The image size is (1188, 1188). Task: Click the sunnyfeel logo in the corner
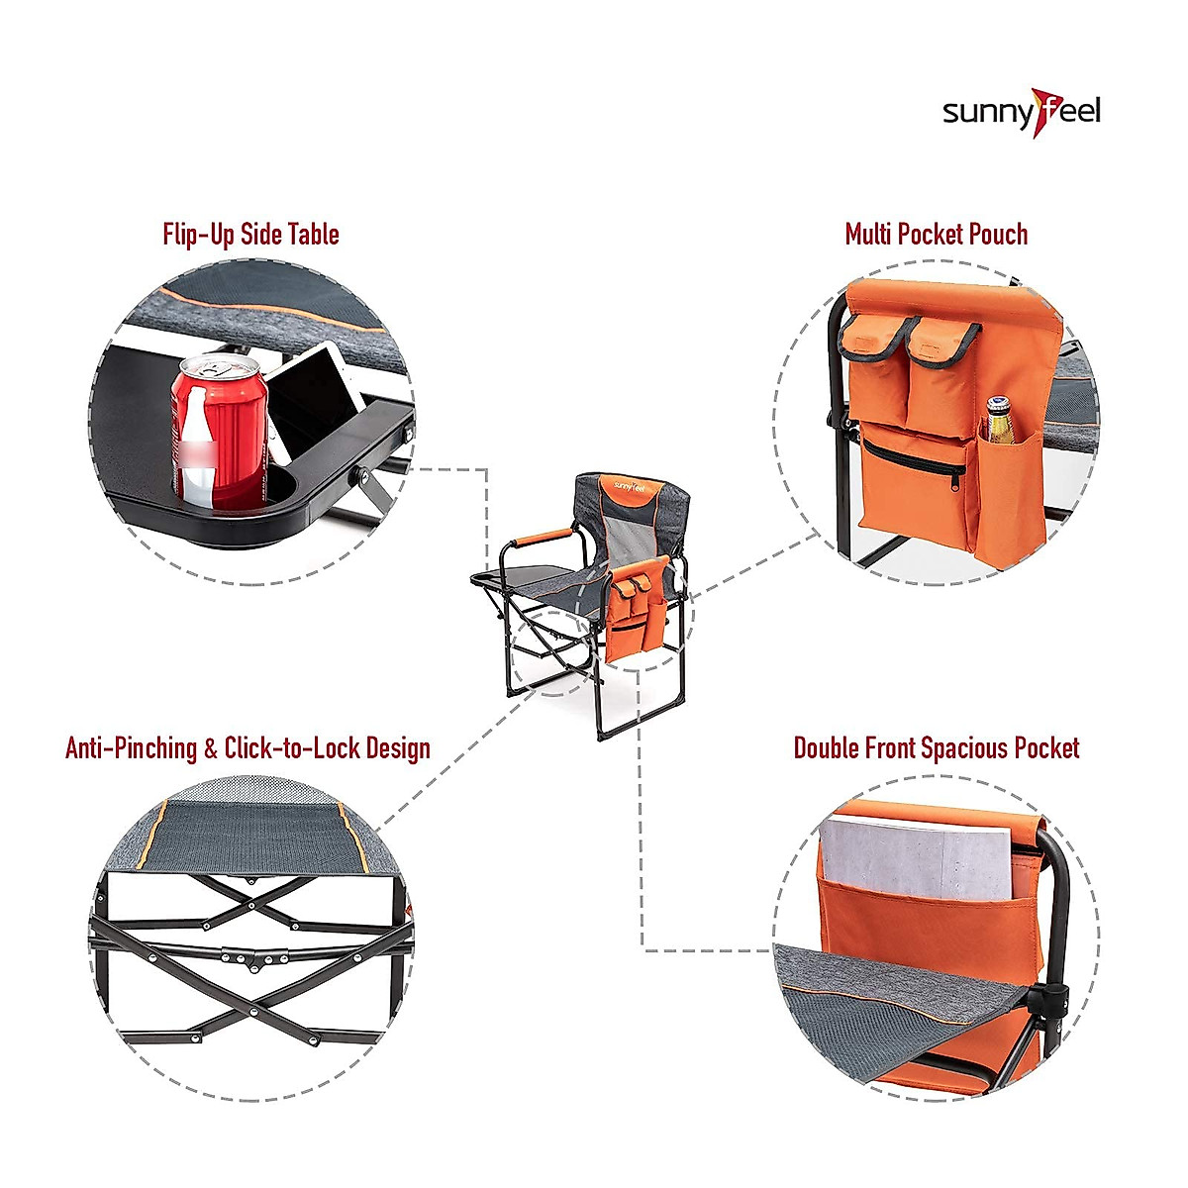point(1021,111)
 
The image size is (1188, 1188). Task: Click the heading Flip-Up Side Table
point(250,235)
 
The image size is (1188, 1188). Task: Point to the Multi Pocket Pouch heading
point(936,235)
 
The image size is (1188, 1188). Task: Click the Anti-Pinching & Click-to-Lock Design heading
point(247,747)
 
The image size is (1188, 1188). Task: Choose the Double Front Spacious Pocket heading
point(936,748)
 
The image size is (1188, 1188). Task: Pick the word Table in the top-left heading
point(313,235)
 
